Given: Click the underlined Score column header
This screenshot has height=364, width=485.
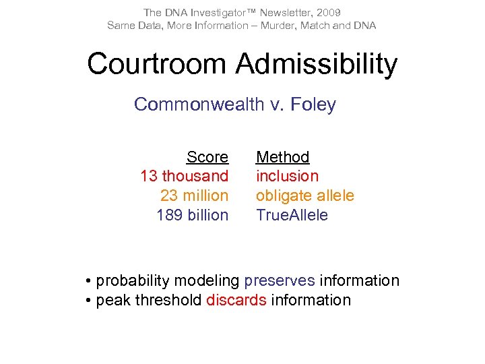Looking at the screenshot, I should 207,157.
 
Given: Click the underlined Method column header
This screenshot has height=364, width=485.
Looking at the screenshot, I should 282,157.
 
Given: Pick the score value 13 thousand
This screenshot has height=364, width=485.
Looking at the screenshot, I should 185,176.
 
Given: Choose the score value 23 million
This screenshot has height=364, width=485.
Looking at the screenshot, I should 195,195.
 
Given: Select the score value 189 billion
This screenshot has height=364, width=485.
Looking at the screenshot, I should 193,215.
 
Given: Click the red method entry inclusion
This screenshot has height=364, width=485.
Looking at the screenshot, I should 287,176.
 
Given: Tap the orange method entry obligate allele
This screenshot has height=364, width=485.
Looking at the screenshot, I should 304,195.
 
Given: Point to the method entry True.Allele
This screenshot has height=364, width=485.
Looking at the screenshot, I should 292,215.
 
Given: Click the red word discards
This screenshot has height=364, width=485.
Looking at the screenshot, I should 236,300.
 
